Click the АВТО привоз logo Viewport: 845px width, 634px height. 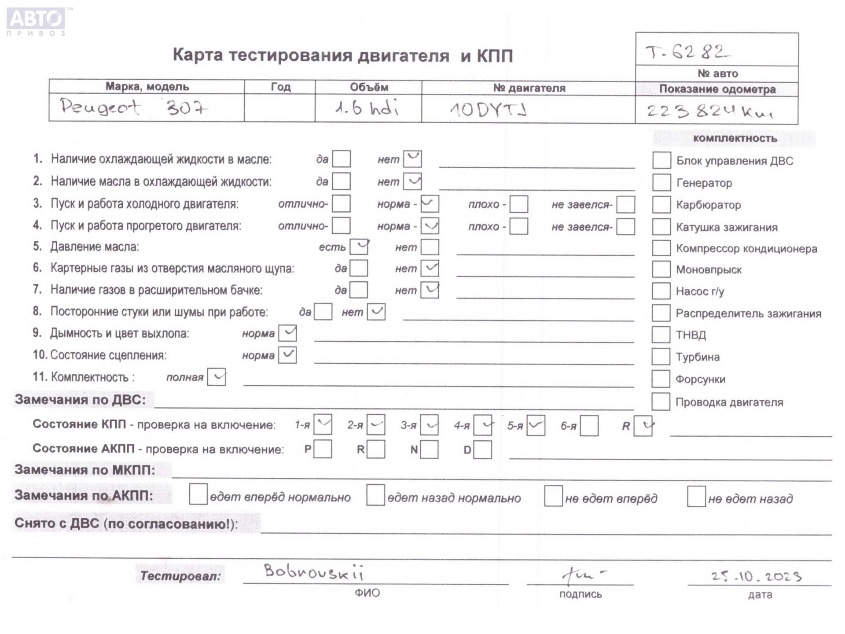coord(36,20)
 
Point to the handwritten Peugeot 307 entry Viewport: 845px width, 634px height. coord(134,107)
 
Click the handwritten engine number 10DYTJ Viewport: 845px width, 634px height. coord(488,109)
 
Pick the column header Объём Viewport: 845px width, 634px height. coord(369,87)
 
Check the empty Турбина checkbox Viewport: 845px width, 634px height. coord(661,357)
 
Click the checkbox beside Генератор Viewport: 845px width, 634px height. coord(661,182)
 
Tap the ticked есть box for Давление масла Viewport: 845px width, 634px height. coord(359,247)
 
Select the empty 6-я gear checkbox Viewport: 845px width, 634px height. coord(589,426)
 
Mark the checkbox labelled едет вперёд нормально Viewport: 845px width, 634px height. coord(198,495)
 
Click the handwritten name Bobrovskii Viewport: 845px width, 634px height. coord(313,572)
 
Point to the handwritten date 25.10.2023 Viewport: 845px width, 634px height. coord(756,576)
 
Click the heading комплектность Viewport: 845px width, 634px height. coord(735,138)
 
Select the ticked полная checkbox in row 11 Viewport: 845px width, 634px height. coord(217,377)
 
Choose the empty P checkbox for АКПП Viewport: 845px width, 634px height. coord(323,450)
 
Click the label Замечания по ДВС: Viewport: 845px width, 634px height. coord(80,399)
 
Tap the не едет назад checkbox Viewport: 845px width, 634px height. coord(696,497)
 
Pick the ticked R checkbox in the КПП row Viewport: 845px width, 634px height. coord(643,426)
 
